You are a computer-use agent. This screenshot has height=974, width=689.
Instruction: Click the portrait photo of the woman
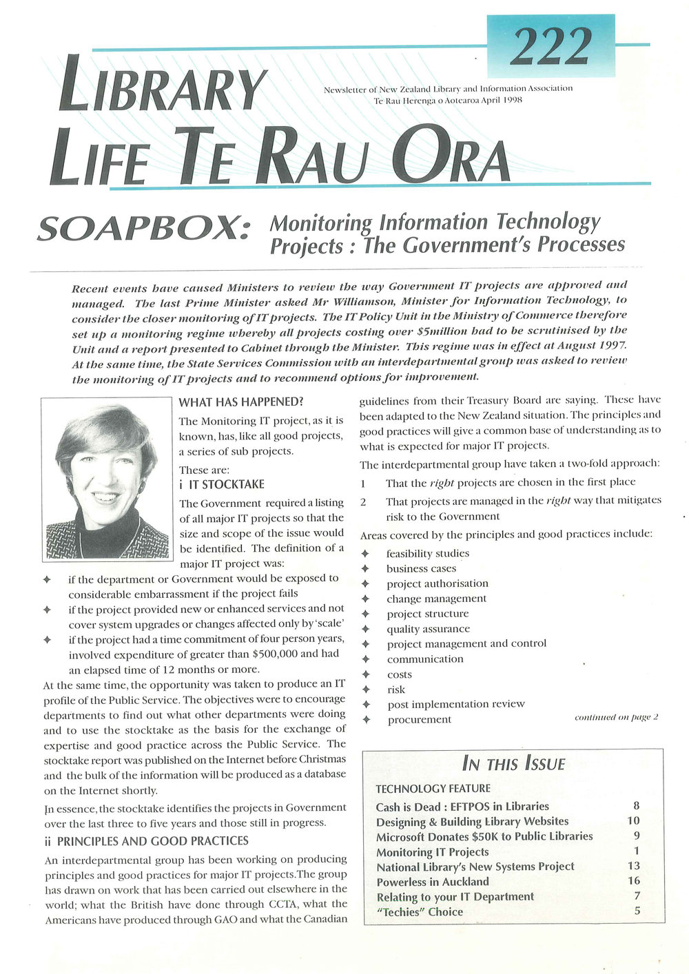click(106, 479)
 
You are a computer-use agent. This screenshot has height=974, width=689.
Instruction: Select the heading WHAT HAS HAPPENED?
click(241, 402)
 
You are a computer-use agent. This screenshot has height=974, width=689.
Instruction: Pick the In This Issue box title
click(513, 764)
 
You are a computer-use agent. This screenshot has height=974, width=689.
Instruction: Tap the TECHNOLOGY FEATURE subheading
click(433, 789)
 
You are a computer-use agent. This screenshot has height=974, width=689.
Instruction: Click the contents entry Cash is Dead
click(462, 807)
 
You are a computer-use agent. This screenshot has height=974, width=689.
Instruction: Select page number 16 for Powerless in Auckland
click(633, 881)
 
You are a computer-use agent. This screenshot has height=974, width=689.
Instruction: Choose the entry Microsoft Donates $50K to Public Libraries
click(484, 836)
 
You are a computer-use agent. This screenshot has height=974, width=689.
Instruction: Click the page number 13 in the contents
click(633, 866)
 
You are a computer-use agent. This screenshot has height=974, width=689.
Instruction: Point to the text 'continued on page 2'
click(616, 717)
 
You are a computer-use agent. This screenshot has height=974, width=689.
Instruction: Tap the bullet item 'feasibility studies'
click(427, 554)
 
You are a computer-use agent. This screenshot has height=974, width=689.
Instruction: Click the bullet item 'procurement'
click(420, 720)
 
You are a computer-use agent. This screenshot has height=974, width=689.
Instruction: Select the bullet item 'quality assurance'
click(428, 629)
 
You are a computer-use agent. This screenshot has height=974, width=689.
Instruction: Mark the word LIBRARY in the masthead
click(162, 88)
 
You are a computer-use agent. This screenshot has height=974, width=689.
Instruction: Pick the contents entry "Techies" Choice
click(420, 912)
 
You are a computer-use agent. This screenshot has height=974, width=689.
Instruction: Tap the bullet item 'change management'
click(436, 599)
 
